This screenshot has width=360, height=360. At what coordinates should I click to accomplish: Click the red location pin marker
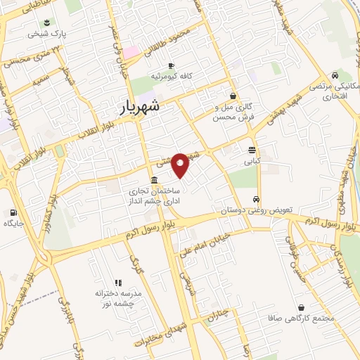181,165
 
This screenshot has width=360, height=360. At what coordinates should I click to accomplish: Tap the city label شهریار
136,106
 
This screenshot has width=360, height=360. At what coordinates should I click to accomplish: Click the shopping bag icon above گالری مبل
233,96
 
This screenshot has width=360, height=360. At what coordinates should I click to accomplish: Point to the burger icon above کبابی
251,150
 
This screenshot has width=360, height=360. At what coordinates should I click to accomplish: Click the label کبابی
251,161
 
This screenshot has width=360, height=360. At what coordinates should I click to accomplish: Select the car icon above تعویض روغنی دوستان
257,199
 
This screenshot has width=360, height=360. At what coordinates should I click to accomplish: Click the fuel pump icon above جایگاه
13,212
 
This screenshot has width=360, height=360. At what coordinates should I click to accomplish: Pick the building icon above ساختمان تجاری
154,179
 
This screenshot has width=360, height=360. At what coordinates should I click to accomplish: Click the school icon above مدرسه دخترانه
118,281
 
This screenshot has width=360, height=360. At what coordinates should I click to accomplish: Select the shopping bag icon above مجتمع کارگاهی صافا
302,307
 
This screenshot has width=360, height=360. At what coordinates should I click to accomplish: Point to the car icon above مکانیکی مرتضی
335,75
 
